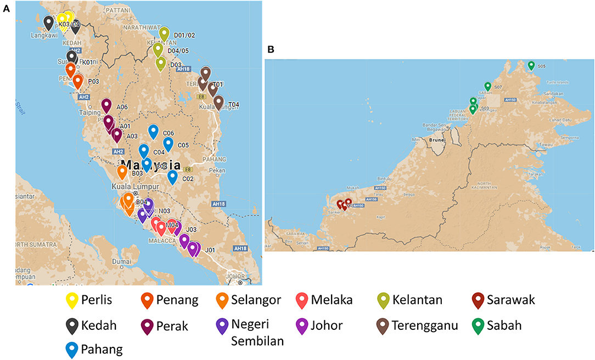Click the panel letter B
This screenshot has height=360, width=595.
[x=270, y=49]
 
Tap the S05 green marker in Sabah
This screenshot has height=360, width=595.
[x=531, y=65]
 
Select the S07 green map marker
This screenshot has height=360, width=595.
[x=487, y=86]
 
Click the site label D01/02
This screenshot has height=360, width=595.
[x=184, y=35]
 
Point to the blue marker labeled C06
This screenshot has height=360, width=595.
[x=154, y=131]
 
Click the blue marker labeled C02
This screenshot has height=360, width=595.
[x=172, y=176]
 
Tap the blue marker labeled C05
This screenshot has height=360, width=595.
[x=169, y=143]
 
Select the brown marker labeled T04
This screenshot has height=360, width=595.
[x=218, y=102]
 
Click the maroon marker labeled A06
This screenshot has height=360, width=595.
[x=106, y=105]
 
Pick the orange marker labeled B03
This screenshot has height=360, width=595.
[x=122, y=171]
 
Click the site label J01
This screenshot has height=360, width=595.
[x=210, y=250]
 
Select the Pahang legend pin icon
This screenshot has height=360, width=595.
[x=71, y=350]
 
